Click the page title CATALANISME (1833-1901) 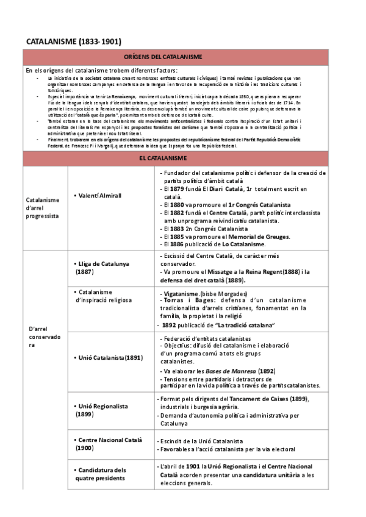73,41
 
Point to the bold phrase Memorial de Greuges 254,237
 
